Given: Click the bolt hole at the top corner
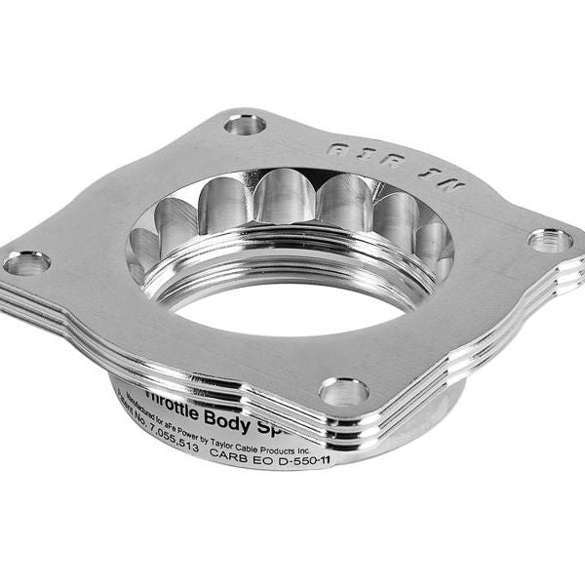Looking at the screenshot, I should (244, 124).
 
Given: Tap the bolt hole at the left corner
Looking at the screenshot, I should (26, 262).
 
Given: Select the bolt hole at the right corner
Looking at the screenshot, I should (550, 240).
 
